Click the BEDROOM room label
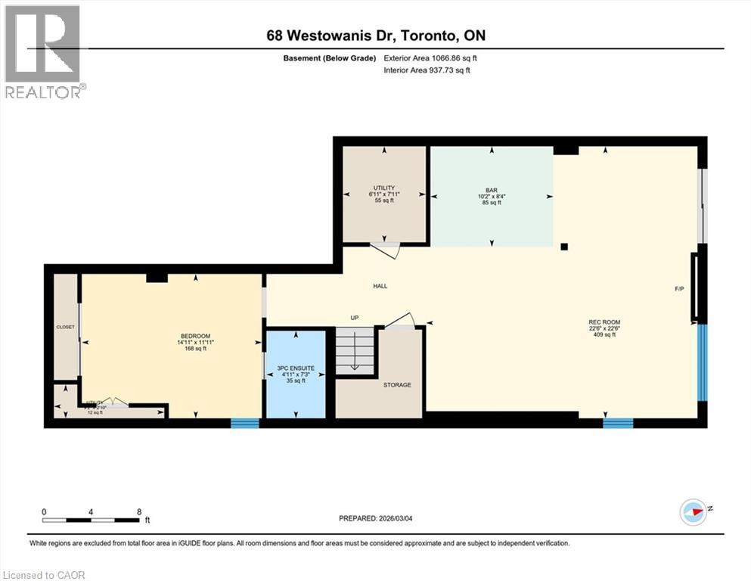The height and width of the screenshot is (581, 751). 195,336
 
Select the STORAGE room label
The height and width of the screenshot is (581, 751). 397,385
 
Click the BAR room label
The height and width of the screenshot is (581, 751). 491,189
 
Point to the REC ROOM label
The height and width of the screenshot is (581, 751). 604,322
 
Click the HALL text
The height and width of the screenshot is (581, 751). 380,286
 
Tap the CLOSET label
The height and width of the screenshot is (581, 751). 66,327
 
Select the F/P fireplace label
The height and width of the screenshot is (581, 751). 679,289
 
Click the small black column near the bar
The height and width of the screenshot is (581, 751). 564,246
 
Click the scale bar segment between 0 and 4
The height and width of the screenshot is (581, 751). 67,520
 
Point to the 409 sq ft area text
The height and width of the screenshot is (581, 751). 604,334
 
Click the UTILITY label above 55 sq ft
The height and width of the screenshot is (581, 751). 384,188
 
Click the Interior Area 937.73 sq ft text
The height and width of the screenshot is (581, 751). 427,70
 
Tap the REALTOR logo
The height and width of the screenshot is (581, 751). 43,51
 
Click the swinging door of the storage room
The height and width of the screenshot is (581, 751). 400,319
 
